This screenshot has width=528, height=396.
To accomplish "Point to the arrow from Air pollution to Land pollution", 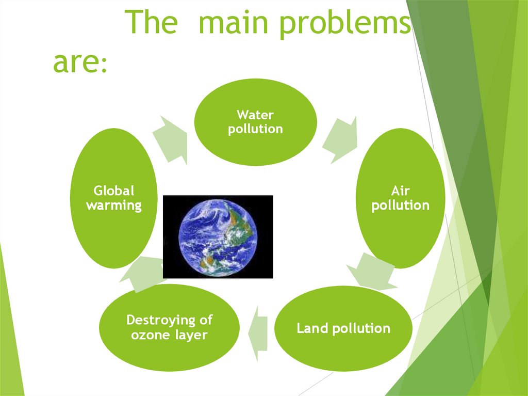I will pos(373,271).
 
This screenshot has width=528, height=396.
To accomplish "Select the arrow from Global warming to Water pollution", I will pos(170,138).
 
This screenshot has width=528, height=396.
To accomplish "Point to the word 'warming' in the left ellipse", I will pos(113,205).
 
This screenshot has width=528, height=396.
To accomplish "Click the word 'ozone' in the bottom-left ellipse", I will pos(150,335).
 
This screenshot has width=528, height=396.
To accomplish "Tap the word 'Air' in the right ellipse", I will pos(400,192).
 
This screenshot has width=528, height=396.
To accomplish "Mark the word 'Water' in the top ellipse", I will pos(255,114).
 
